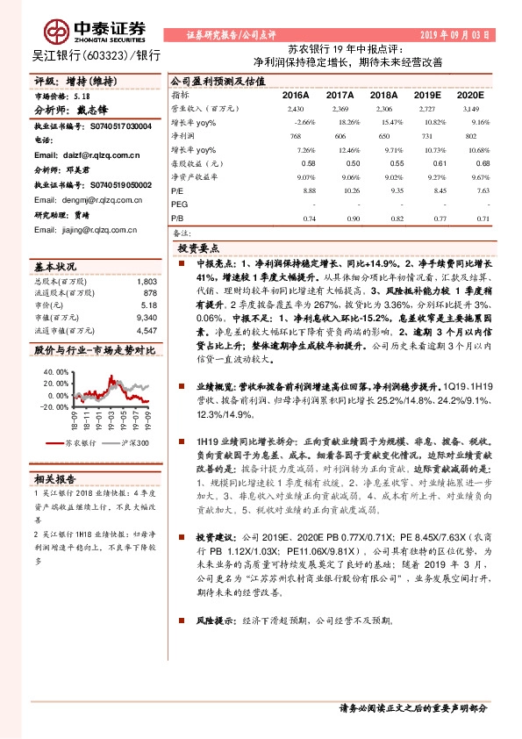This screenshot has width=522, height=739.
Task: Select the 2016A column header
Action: (296, 94)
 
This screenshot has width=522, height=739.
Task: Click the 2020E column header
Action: (470, 94)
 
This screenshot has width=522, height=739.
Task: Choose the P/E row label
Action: (177, 190)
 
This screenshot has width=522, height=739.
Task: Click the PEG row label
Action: (180, 203)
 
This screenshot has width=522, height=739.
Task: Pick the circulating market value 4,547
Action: (147, 329)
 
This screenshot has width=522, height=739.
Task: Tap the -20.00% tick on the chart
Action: (54, 406)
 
